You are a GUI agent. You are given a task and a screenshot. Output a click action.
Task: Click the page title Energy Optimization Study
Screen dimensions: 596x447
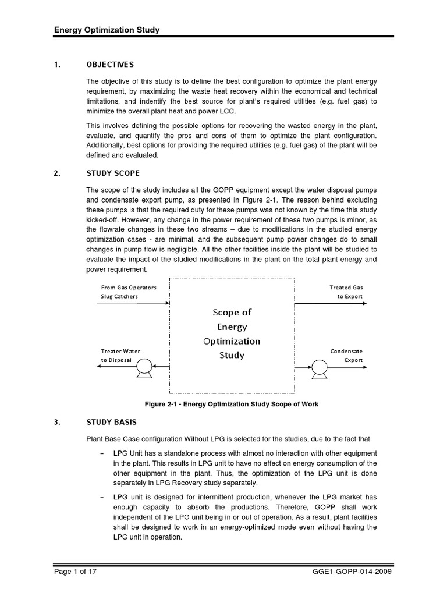pyautogui.click(x=107, y=30)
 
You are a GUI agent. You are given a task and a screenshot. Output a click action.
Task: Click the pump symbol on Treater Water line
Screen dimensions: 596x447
pyautogui.click(x=143, y=367)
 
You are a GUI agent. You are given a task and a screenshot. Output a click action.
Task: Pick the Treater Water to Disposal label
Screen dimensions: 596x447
pyautogui.click(x=120, y=356)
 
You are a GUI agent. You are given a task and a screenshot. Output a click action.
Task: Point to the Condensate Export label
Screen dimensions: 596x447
pyautogui.click(x=346, y=356)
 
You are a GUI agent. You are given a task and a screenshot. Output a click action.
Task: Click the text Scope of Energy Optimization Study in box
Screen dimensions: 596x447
pyautogui.click(x=232, y=334)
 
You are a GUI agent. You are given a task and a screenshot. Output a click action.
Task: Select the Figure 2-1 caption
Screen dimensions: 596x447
pyautogui.click(x=232, y=404)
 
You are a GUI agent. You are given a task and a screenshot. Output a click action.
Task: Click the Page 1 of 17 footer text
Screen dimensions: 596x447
pyautogui.click(x=74, y=572)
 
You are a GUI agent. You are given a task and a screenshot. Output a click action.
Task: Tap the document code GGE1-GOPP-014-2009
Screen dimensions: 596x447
pyautogui.click(x=356, y=572)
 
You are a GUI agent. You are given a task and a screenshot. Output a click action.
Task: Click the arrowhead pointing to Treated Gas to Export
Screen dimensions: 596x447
pyautogui.click(x=361, y=303)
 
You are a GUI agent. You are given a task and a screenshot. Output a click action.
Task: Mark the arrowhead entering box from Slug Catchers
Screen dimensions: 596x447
pyautogui.click(x=166, y=303)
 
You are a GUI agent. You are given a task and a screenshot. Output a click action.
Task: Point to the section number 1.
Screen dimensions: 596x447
pyautogui.click(x=57, y=65)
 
